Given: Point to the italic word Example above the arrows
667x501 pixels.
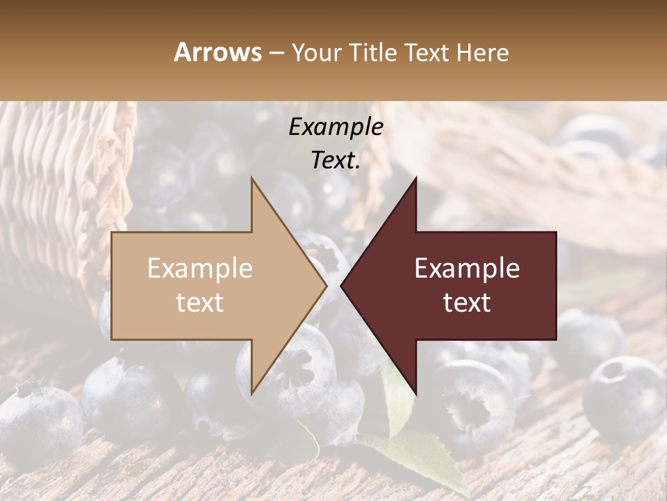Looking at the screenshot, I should (x=336, y=127).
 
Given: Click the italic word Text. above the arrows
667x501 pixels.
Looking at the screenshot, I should (x=336, y=160).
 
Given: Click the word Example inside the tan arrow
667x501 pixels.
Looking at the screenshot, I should (x=200, y=269).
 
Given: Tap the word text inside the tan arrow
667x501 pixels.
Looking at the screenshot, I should (x=200, y=303).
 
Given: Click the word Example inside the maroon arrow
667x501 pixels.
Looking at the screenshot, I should (x=467, y=269).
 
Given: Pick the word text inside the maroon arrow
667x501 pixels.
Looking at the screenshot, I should (x=467, y=303).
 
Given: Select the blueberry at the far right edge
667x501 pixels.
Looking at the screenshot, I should (x=625, y=397).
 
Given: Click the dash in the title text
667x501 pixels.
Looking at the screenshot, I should (x=275, y=54).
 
